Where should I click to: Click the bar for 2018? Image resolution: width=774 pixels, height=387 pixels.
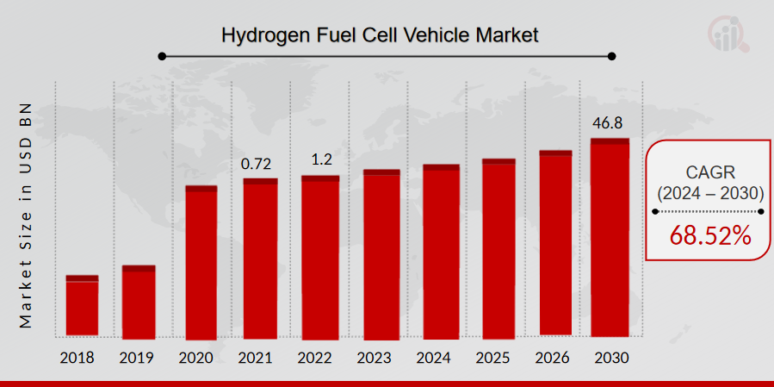coord(82,306)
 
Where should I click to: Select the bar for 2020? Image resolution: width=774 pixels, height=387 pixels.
coord(201,262)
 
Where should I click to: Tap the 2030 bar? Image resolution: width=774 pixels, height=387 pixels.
coord(610,237)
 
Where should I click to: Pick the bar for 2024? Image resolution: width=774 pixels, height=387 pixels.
coord(441,251)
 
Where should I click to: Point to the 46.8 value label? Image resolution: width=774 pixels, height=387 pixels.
coord(610,122)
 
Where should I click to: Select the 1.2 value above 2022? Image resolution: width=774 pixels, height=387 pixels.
coord(320,159)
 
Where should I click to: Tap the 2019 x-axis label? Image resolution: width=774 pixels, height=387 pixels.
coord(139,357)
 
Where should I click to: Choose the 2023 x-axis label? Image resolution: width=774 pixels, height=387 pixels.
coord(381,357)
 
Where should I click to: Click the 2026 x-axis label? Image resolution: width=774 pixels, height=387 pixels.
coord(555,357)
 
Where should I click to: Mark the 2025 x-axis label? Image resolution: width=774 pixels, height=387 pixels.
coord(498,357)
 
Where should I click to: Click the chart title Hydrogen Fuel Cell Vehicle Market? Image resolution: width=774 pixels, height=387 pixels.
coord(380,35)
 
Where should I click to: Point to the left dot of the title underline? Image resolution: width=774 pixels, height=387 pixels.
coord(161,57)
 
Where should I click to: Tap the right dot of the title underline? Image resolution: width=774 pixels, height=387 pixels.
coord(612,57)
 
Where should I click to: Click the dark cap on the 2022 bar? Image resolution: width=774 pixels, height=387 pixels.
coord(320,178)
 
